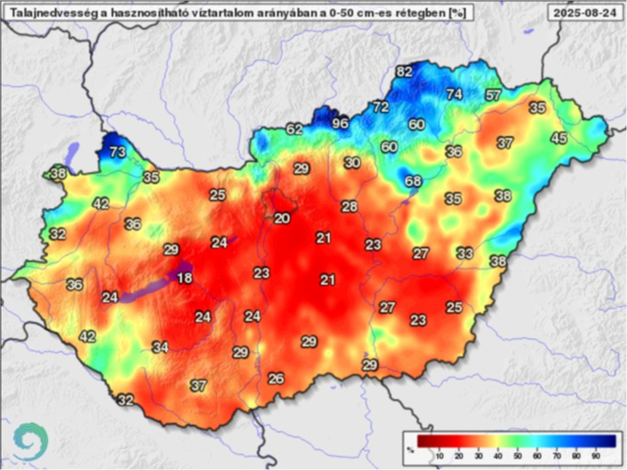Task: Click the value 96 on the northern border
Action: click(x=340, y=124)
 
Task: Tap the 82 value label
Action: click(x=405, y=72)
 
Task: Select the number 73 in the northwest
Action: click(x=117, y=152)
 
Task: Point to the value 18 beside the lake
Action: click(x=184, y=278)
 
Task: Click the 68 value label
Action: click(x=413, y=181)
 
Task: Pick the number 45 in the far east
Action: click(x=558, y=138)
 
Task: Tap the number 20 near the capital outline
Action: click(x=282, y=219)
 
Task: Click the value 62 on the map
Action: click(x=294, y=129)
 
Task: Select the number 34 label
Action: click(x=161, y=347)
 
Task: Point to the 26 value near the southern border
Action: click(x=276, y=379)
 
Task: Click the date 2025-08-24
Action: click(x=585, y=12)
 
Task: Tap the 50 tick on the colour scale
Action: click(x=517, y=456)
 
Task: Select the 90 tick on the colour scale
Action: click(x=596, y=456)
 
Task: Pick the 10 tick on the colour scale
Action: click(x=439, y=456)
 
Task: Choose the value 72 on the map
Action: click(x=381, y=106)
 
